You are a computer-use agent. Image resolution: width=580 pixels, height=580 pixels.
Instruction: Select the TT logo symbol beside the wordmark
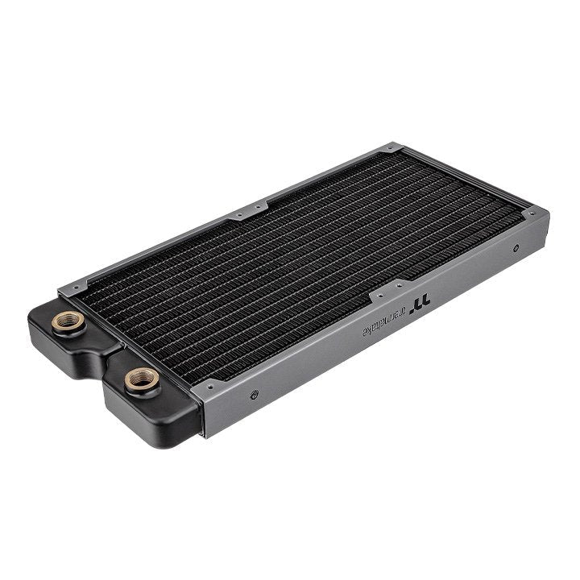click(419, 306)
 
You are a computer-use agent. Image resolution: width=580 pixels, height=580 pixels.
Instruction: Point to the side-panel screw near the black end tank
click(255, 395)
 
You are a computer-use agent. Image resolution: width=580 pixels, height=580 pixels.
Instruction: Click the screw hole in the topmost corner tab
click(390, 148)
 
